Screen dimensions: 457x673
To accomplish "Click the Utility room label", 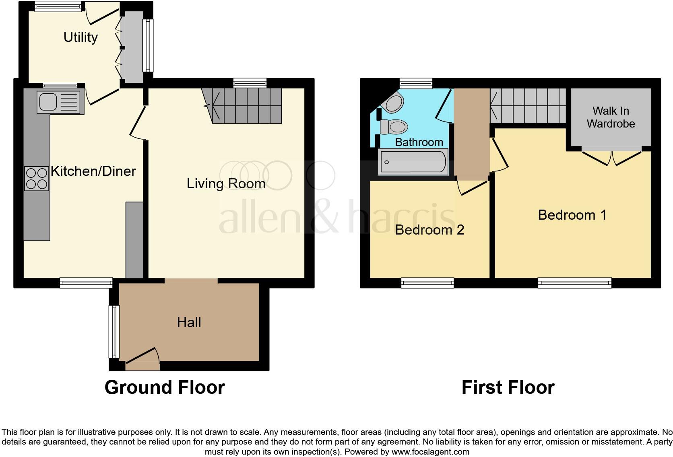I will point(81,37).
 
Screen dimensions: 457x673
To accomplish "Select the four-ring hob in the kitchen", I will point(37,178).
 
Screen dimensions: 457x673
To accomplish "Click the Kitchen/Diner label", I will point(93,171).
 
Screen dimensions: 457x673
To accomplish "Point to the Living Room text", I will point(226,184).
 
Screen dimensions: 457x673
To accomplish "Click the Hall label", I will point(189,322).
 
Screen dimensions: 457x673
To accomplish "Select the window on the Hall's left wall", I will point(114,332).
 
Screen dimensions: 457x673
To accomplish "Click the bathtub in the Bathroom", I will point(413,162).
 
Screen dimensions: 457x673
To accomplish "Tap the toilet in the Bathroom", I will point(394,127).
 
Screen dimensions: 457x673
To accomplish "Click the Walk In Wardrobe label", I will point(611,117).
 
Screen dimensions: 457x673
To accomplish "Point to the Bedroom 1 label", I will point(572,215).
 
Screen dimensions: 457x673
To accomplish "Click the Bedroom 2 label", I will point(429,230).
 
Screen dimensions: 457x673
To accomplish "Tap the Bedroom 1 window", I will point(574,283).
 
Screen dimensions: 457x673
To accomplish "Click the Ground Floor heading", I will point(165,387).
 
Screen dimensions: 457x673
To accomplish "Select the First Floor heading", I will point(508,387).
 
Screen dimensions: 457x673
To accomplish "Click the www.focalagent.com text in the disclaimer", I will point(430,452).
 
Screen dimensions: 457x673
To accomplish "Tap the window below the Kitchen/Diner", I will point(86,283).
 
